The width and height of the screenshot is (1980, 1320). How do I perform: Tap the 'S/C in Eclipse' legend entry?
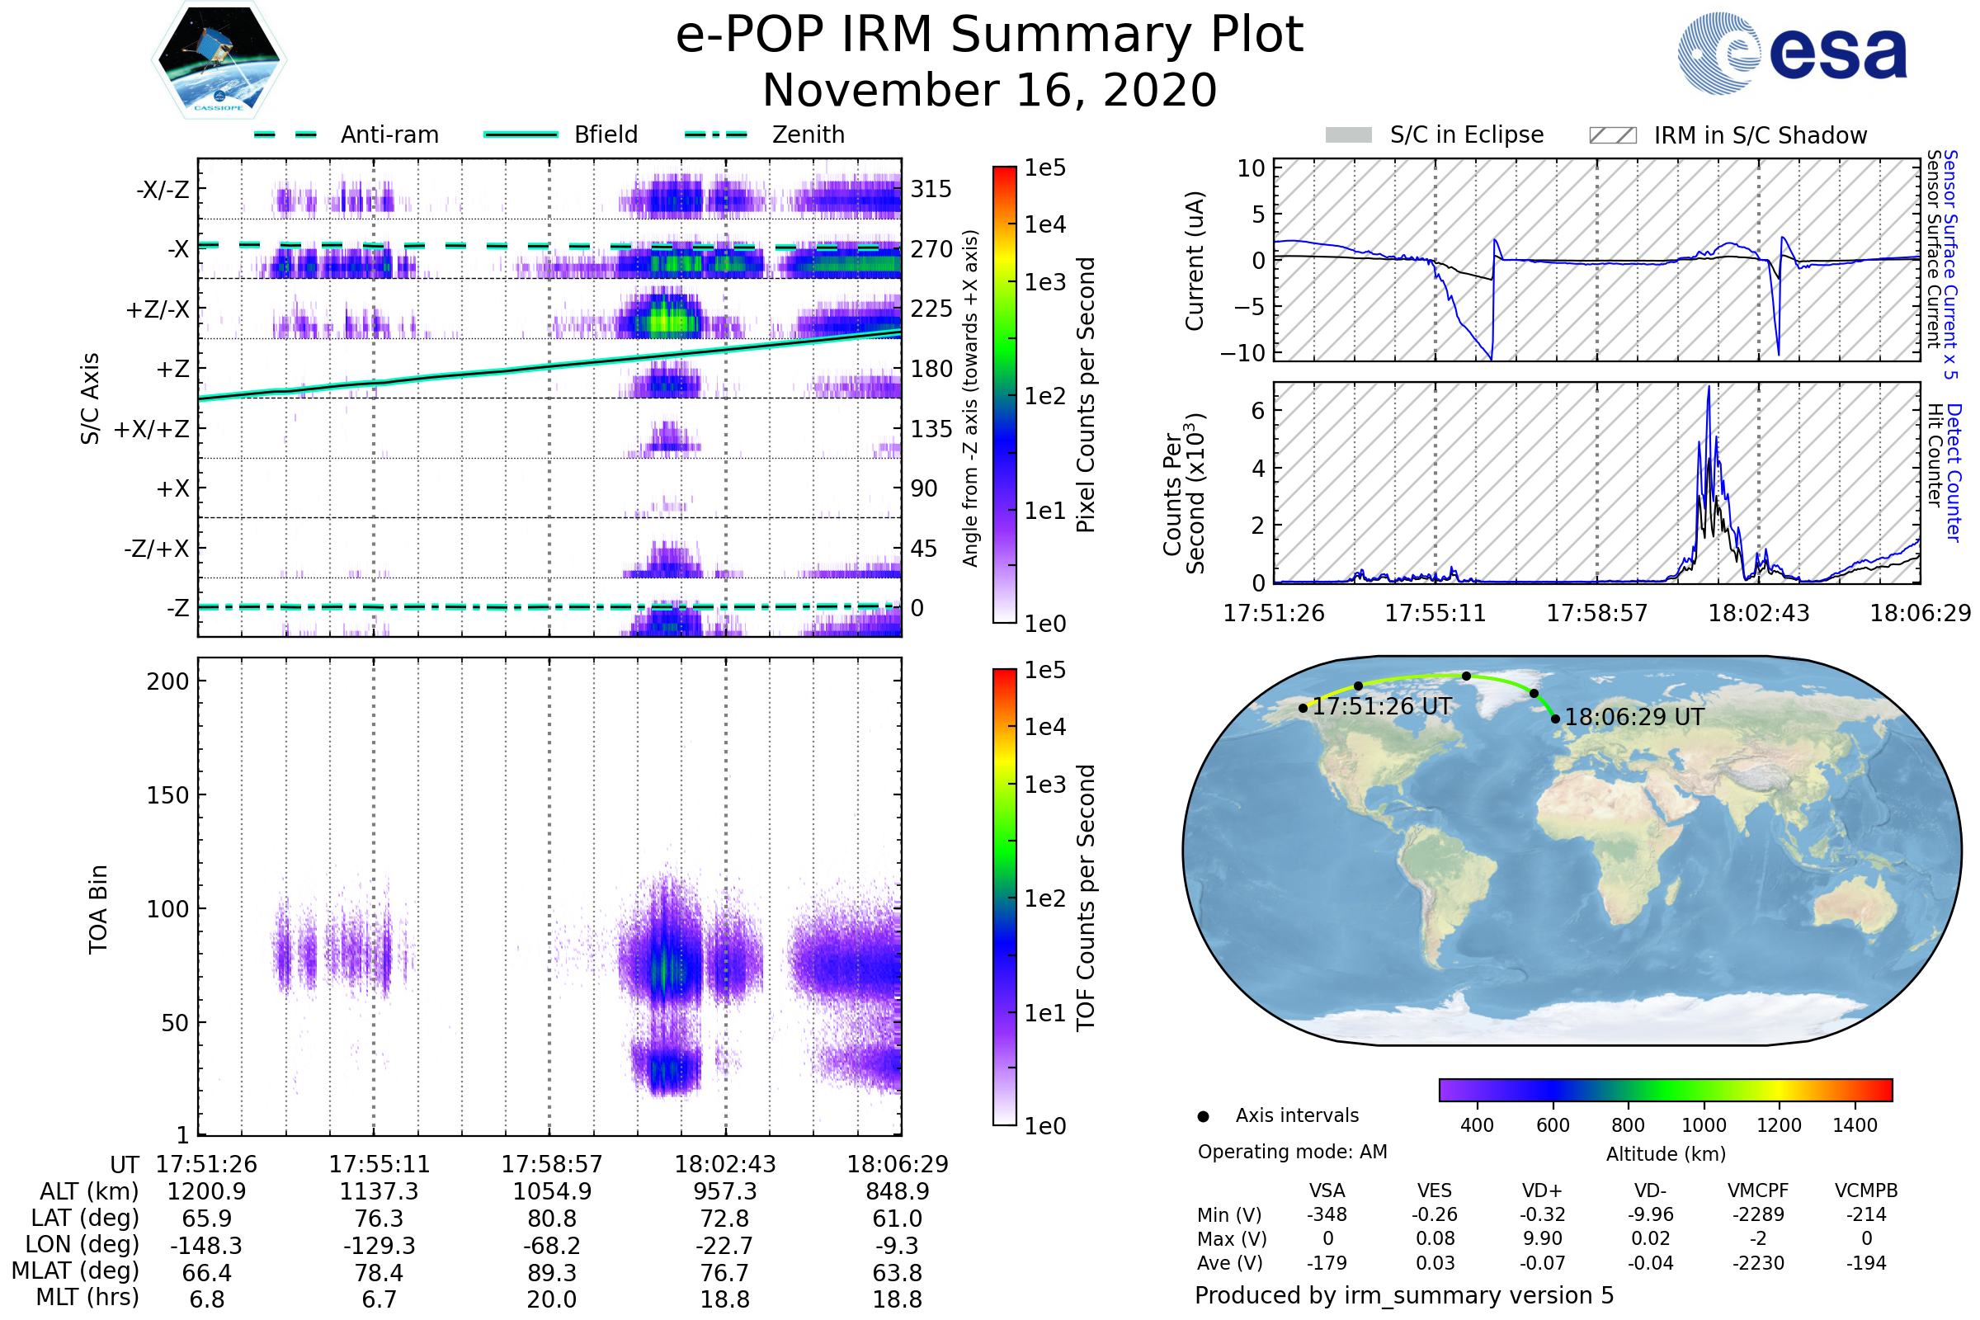[1435, 134]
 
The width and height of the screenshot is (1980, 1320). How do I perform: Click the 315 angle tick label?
[931, 190]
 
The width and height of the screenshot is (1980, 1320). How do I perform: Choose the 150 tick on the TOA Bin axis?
[167, 795]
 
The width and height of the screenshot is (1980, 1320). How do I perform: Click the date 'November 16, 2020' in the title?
[989, 91]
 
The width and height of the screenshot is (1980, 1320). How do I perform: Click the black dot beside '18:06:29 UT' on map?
[1555, 719]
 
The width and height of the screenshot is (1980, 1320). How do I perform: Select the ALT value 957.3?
[725, 1192]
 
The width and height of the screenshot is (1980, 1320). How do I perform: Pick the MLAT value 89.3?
[551, 1273]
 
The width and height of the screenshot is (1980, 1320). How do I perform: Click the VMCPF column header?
[1758, 1191]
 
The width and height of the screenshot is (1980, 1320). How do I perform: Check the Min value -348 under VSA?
[1327, 1214]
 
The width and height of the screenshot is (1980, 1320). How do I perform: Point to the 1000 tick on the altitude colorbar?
[1704, 1125]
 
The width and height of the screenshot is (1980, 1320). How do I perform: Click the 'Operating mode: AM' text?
[1292, 1152]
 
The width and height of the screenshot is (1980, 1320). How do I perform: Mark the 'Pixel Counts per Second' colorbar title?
[1086, 395]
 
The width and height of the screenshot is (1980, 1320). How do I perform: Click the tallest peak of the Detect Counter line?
[1709, 387]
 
